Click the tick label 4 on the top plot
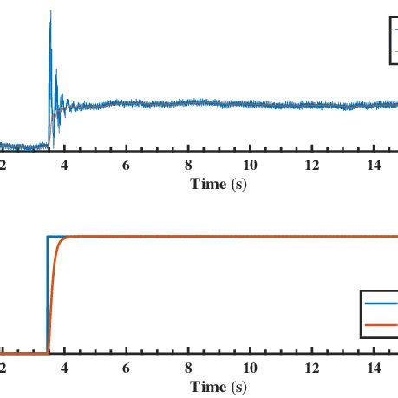tap(64, 165)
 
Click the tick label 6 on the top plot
tap(127, 165)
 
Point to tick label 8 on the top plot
tap(189, 165)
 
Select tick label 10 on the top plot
tap(251, 165)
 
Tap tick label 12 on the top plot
tap(313, 165)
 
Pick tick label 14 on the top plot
tap(375, 165)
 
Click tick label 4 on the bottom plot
tap(64, 368)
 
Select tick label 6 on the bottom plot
tap(127, 368)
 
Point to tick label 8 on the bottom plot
tap(189, 368)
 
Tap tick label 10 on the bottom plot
tap(251, 368)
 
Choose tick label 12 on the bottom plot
tap(313, 368)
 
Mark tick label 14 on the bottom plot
tap(375, 368)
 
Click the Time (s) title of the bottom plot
tap(219, 386)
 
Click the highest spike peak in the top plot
tap(51, 11)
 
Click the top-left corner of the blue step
tap(49, 236)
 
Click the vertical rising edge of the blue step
tap(48, 295)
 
